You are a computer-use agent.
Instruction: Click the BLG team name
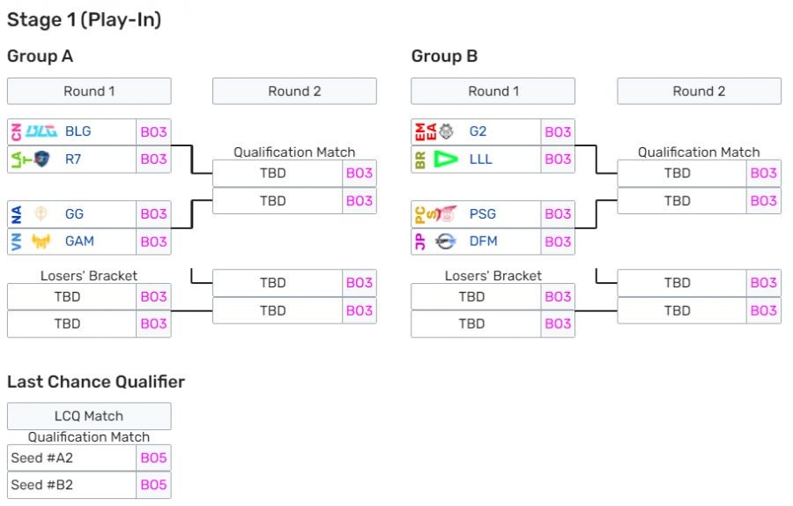tap(78, 131)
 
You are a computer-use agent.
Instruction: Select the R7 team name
tap(73, 159)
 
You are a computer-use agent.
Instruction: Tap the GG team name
tap(74, 213)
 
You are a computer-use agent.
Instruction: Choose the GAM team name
tap(79, 241)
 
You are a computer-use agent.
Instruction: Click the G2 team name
tap(478, 131)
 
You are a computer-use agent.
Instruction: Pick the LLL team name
tap(481, 159)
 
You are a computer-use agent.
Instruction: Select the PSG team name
tap(483, 213)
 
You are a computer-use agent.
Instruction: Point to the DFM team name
tap(483, 241)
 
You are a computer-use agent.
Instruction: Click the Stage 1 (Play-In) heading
tap(85, 19)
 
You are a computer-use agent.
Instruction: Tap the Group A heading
tap(40, 56)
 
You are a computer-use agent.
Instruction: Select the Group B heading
tap(444, 56)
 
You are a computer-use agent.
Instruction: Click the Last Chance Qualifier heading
tap(96, 382)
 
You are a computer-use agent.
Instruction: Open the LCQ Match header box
tap(89, 416)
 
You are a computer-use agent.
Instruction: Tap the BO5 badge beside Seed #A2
tap(153, 458)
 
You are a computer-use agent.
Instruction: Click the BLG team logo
tap(41, 131)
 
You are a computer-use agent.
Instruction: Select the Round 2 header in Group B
tap(699, 91)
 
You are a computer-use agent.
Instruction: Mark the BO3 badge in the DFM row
tap(558, 241)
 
